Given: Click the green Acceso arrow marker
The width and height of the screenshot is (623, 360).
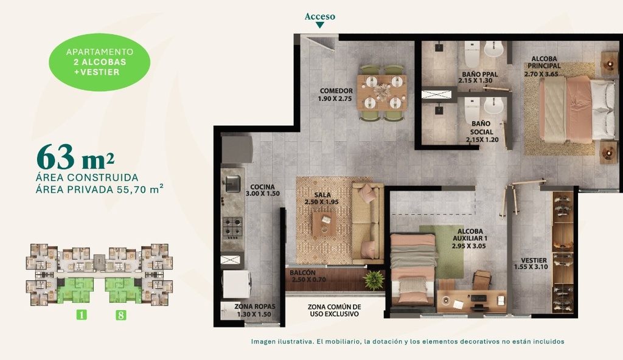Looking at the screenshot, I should [320, 26].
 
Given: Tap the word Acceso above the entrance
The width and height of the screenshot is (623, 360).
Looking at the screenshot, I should [320, 16].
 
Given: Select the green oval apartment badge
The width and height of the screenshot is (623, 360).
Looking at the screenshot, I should [100, 62].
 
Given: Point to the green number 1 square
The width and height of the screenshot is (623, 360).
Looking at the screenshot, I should [80, 315].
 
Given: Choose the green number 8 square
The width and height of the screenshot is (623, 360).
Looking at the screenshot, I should [120, 315].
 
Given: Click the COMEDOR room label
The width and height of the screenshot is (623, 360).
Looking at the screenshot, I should [336, 95].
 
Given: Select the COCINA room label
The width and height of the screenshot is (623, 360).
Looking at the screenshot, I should [262, 190].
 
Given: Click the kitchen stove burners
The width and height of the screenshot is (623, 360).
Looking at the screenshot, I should [232, 226].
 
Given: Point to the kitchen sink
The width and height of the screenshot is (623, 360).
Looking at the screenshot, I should [232, 183].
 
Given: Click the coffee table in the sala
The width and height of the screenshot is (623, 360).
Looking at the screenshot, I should [324, 223].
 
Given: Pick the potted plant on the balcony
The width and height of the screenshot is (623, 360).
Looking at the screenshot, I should [373, 280].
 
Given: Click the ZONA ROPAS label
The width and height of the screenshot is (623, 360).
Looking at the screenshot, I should [255, 310].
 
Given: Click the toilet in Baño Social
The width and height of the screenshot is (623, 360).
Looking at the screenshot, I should [472, 110].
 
